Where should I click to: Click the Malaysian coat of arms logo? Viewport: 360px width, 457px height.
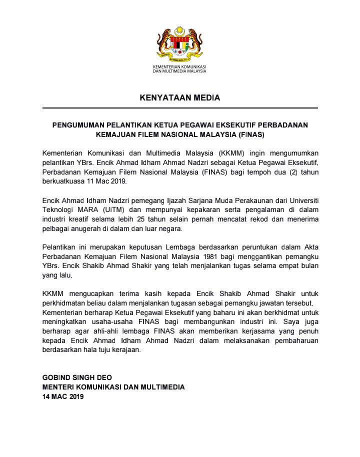[x=179, y=43]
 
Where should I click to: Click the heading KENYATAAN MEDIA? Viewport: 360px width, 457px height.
[x=179, y=98]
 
